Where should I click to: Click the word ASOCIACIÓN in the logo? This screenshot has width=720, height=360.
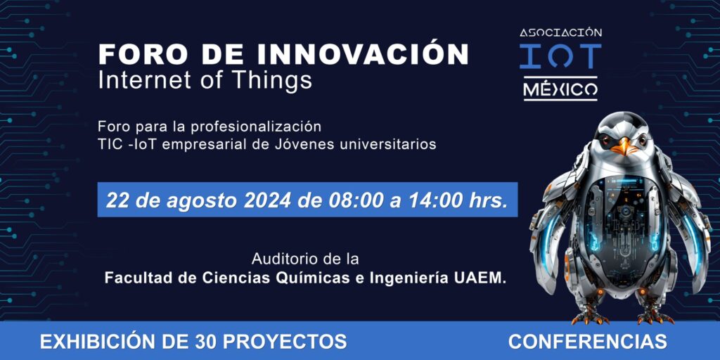[560, 32]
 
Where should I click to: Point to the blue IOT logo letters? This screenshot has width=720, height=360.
[560, 56]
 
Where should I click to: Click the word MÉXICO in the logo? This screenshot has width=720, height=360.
[560, 89]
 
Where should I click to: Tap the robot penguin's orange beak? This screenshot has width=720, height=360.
[624, 147]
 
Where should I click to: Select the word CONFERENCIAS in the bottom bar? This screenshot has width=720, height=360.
[588, 342]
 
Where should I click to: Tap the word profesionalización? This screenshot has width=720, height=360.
[255, 126]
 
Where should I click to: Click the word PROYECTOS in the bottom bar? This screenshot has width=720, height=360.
[284, 342]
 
